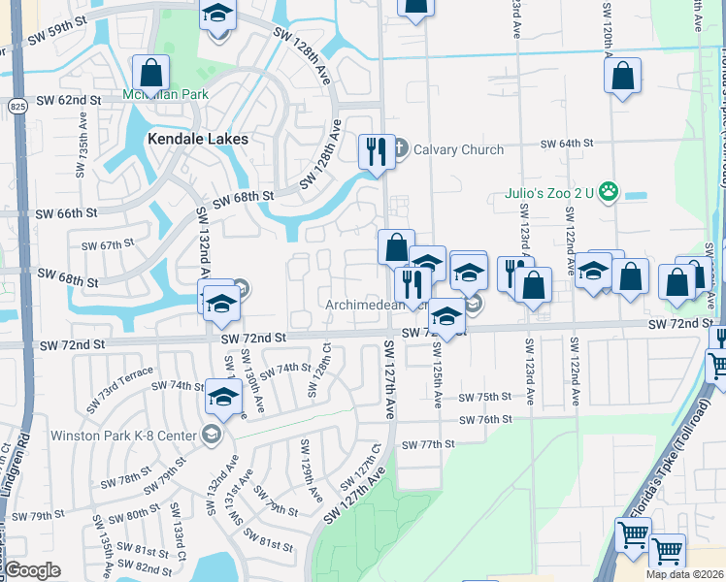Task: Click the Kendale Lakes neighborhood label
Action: point(197,139)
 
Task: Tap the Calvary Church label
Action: point(458,149)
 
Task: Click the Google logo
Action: point(32,570)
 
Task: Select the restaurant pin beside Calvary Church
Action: point(377,151)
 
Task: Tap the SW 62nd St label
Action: point(69,100)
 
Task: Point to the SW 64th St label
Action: point(567,144)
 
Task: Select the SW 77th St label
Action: point(428,444)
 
